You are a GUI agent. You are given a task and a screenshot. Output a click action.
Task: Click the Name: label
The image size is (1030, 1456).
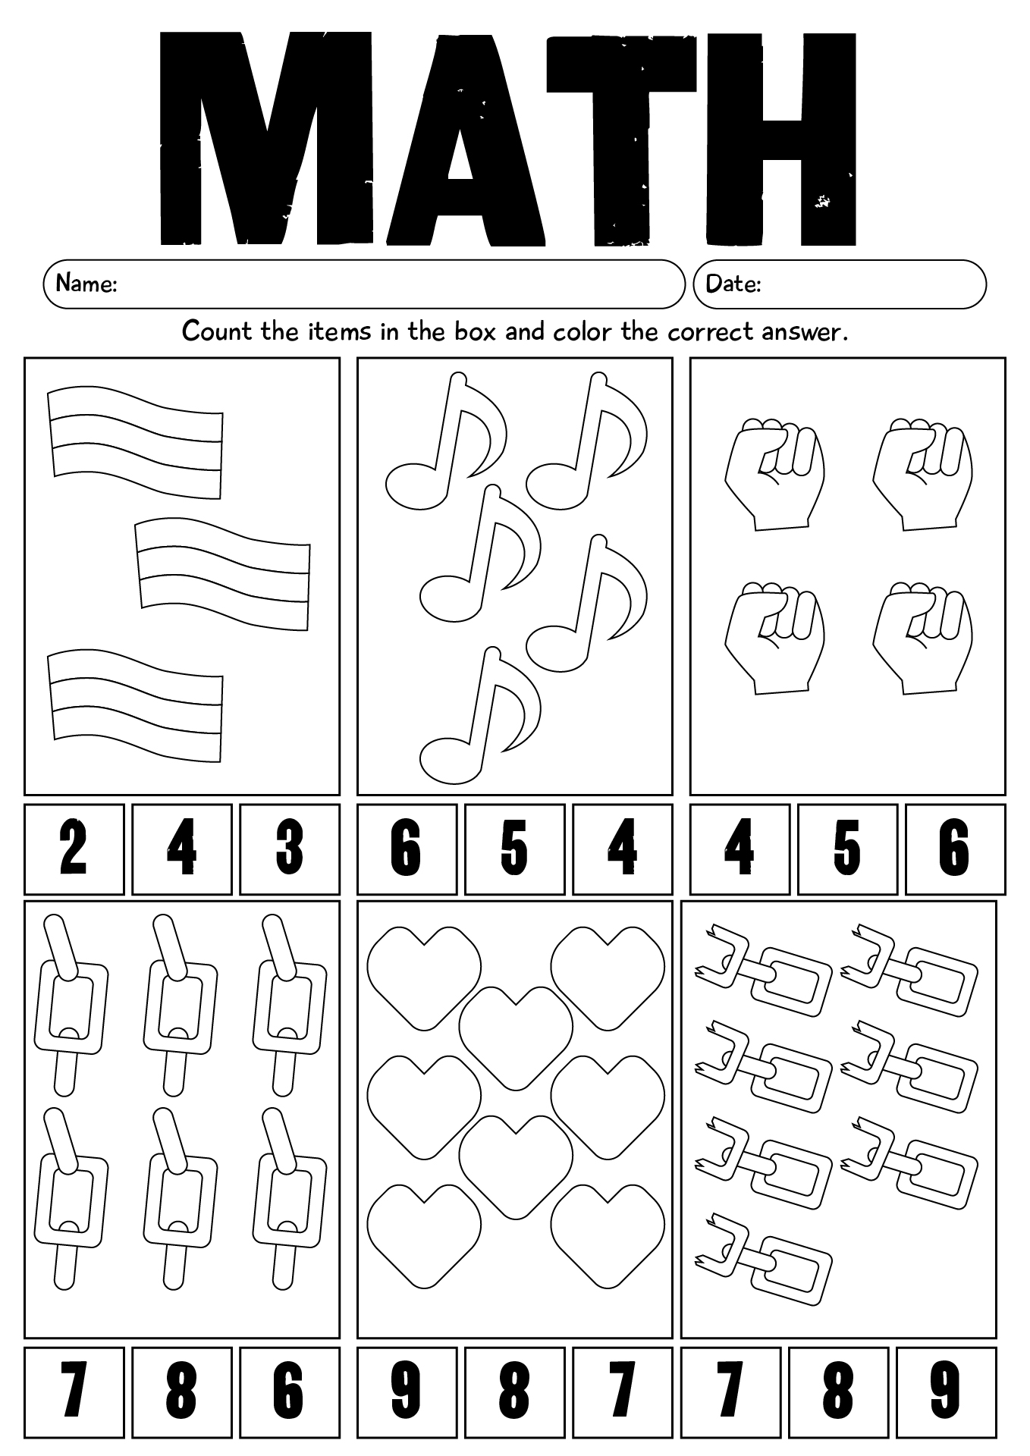tap(86, 284)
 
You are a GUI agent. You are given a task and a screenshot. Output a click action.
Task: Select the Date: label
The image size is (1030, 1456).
tap(733, 284)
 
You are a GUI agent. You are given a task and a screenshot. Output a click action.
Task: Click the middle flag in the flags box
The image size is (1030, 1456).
tap(223, 575)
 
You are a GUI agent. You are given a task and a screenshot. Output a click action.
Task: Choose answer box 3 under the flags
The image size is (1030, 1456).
tap(289, 849)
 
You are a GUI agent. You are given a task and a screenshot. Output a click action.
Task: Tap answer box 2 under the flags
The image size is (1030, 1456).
tap(74, 849)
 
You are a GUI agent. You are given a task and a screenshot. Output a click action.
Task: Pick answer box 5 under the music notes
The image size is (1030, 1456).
tap(514, 849)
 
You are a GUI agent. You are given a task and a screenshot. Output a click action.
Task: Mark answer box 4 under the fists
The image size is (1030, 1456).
tap(740, 849)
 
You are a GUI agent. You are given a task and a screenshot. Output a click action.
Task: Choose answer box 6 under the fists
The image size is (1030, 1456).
tap(954, 849)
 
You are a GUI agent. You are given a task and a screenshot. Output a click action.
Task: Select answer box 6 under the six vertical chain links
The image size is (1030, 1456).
tap(289, 1392)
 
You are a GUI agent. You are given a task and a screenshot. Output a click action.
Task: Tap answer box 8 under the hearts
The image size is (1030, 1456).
tap(514, 1392)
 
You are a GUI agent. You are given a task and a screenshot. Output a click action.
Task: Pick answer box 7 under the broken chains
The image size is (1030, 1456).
tap(730, 1392)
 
